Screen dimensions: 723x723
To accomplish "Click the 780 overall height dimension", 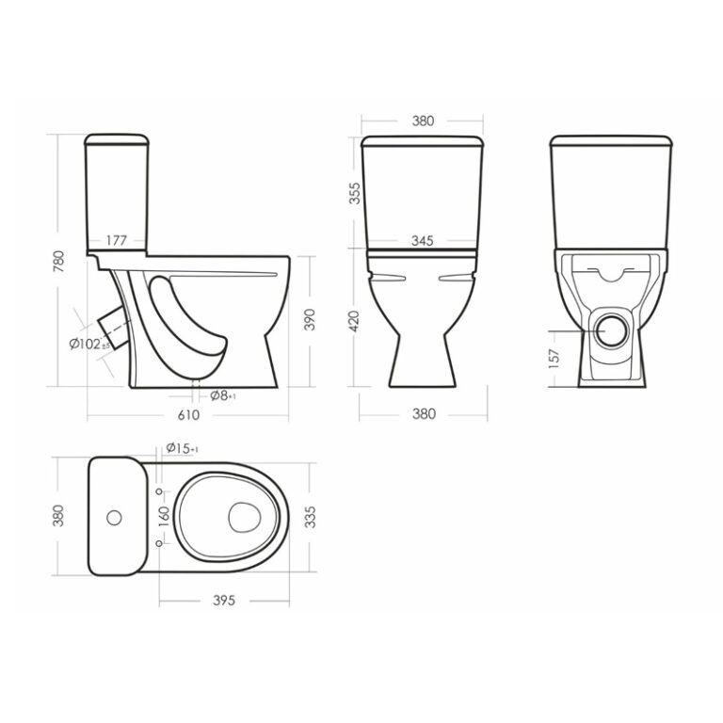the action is tap(59, 261).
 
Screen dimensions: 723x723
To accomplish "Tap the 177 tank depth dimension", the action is tap(117, 240).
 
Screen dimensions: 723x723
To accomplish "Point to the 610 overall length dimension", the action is tap(188, 415).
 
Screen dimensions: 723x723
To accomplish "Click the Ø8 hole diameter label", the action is tap(223, 395).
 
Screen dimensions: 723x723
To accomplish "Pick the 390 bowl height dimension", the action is tap(310, 319).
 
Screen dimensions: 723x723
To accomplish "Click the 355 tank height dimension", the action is tap(355, 194).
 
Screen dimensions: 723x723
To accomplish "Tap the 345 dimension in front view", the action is tap(423, 241).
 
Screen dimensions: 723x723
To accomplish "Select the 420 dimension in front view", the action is tap(354, 321).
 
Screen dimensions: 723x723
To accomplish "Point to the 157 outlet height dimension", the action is tap(554, 359).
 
